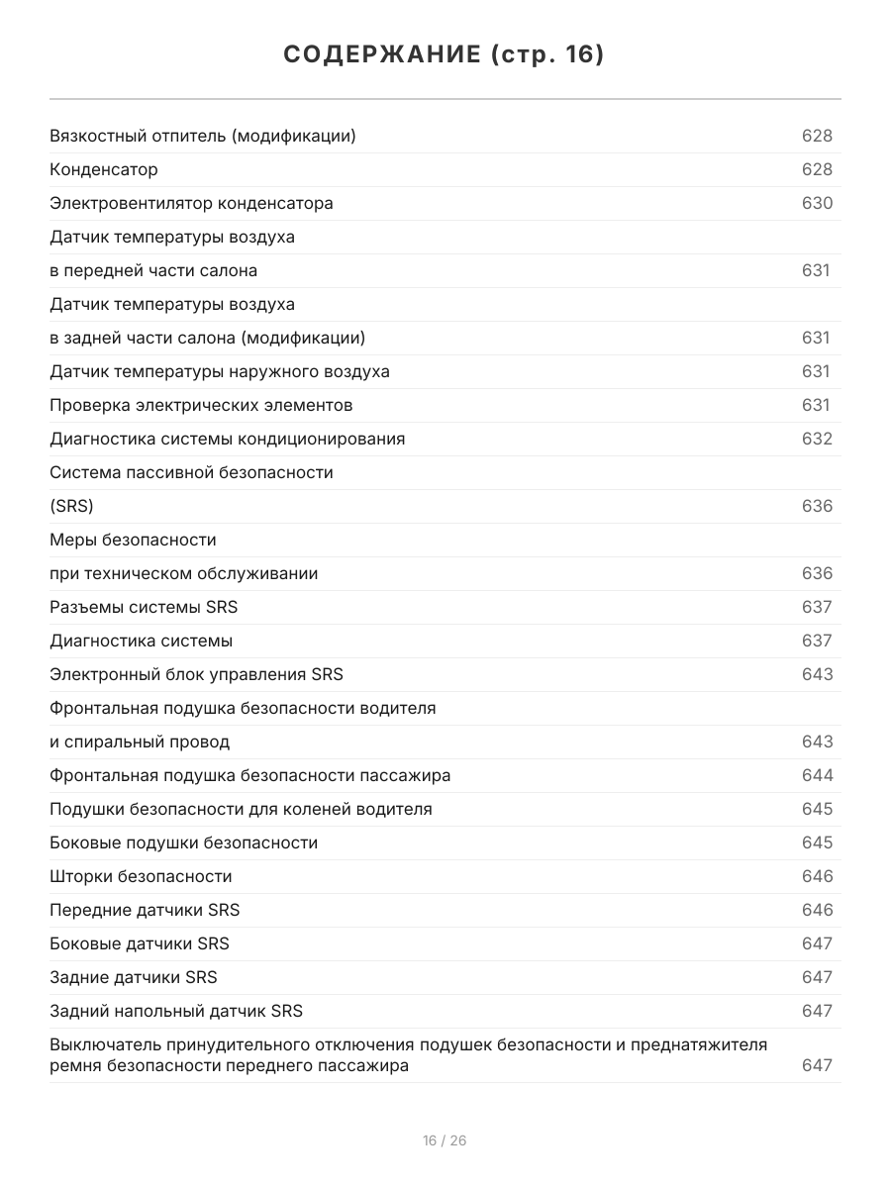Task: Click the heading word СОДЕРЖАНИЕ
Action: pos(382,55)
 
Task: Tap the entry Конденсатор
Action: pos(104,169)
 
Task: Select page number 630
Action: pos(817,203)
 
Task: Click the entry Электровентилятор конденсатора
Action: pos(191,203)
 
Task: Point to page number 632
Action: pos(817,439)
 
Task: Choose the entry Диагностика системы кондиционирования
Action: pos(227,439)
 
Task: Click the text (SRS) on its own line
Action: pos(71,506)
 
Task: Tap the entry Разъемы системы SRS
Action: pos(144,607)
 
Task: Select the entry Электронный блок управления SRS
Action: pos(196,674)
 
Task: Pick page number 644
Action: pos(817,775)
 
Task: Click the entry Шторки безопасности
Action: pos(141,876)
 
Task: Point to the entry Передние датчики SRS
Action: pos(145,910)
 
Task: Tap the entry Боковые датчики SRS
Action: pos(140,943)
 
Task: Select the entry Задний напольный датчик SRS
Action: pos(176,1011)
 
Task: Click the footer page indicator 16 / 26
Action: pos(445,1140)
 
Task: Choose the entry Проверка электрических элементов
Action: pos(201,405)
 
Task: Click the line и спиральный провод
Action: pos(140,742)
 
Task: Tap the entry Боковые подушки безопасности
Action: pos(184,842)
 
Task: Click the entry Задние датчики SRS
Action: pos(134,977)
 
